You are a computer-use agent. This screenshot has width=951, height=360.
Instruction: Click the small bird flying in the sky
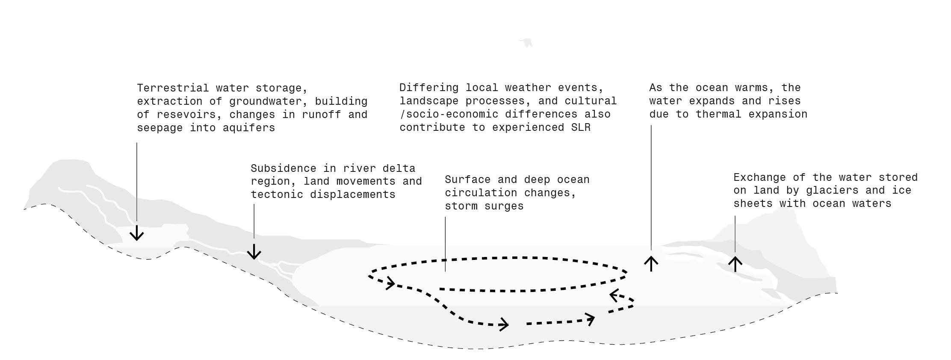[x=527, y=42]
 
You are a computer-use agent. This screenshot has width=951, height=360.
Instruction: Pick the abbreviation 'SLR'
[x=580, y=127]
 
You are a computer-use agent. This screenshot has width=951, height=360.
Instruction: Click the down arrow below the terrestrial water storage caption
[x=137, y=233]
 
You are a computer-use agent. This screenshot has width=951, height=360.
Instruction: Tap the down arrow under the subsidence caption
[x=254, y=252]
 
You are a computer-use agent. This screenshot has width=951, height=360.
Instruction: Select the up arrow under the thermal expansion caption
[x=651, y=263]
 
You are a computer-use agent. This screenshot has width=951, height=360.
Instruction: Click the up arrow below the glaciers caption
[x=735, y=264]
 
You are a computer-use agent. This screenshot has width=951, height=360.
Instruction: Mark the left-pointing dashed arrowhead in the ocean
[x=614, y=295]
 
